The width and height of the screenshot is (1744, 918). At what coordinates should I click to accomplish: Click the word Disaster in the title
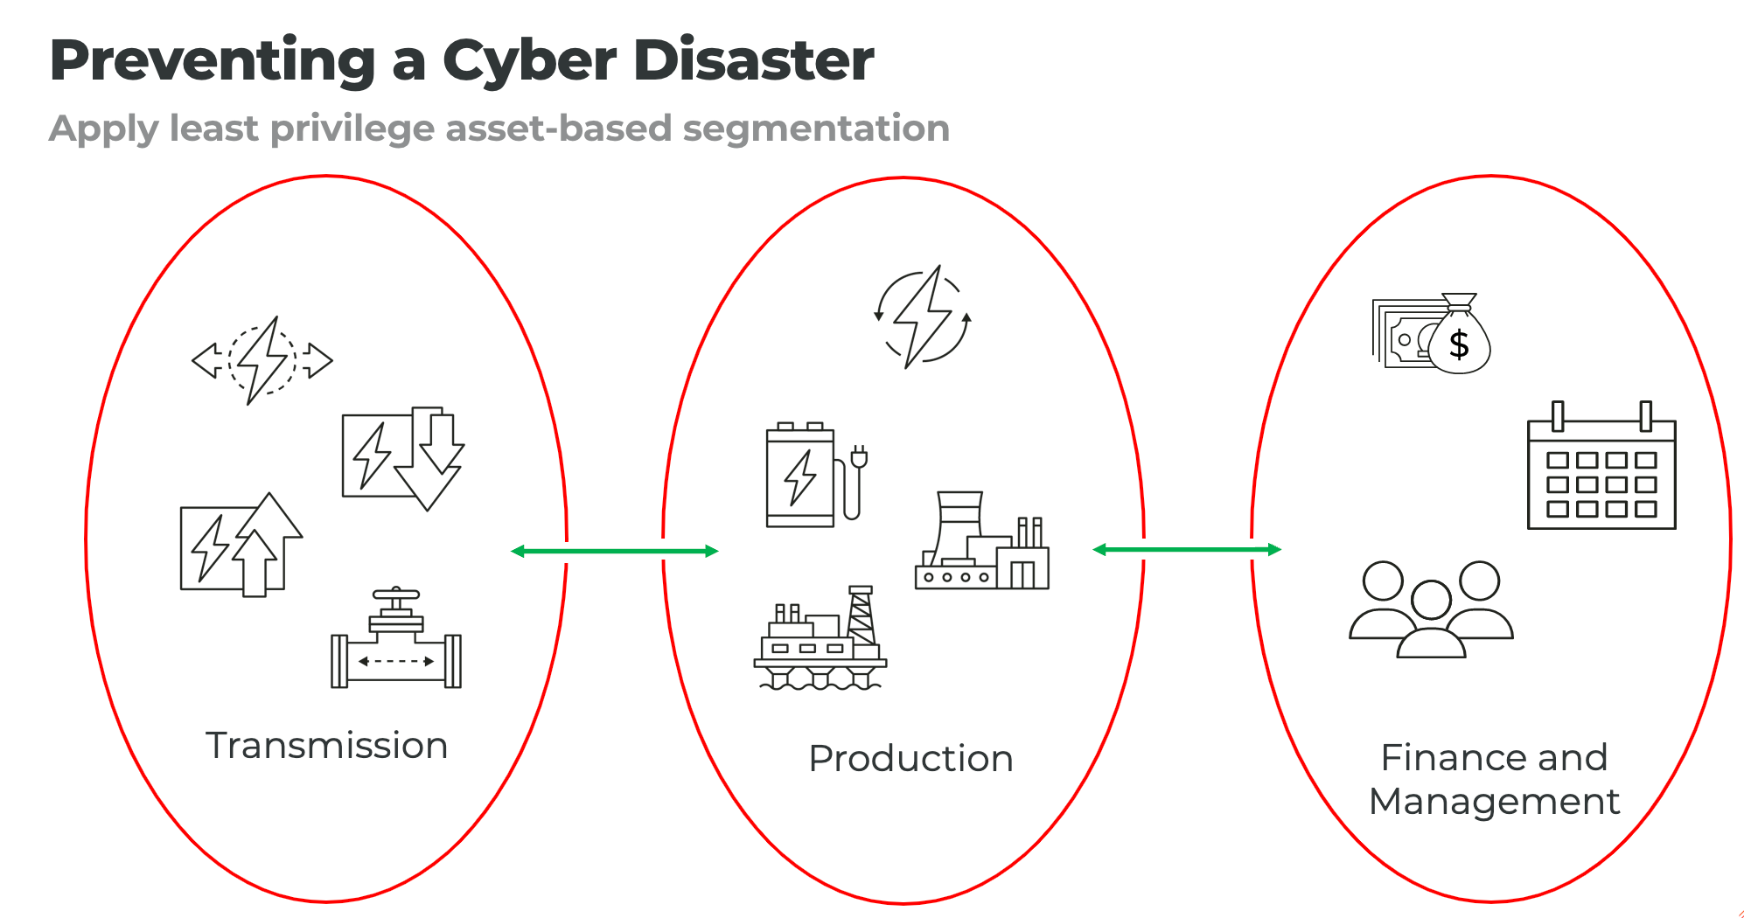point(753,61)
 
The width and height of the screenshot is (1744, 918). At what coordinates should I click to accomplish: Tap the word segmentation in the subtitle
point(815,129)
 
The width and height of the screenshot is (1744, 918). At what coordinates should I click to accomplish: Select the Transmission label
point(326,746)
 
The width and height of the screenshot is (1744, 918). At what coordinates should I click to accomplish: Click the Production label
point(910,758)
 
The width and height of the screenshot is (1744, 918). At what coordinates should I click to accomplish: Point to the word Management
point(1494,802)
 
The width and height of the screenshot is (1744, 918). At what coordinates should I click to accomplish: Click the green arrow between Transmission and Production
point(614,551)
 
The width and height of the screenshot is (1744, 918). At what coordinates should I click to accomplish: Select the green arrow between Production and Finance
point(1187,549)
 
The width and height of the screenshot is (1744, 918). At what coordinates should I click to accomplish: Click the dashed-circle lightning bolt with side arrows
point(262,360)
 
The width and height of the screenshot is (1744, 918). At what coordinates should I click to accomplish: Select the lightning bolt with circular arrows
point(923,316)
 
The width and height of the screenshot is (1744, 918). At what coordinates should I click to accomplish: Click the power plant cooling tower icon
point(981,542)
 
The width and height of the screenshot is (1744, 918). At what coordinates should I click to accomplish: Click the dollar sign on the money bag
point(1459,345)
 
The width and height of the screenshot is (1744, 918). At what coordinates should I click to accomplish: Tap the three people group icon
point(1431,609)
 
